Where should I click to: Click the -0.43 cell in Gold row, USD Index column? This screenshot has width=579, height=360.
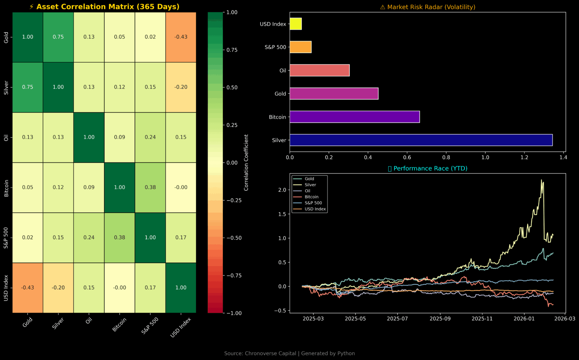[x=181, y=37]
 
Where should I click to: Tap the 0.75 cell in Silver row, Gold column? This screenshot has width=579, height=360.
[x=28, y=87]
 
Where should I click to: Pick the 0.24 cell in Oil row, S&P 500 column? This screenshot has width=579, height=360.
[x=150, y=137]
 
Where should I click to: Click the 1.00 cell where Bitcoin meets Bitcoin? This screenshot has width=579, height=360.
[x=119, y=187]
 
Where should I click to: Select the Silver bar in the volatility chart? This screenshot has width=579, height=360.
[x=421, y=140]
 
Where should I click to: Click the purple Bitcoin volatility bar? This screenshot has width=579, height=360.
[x=354, y=117]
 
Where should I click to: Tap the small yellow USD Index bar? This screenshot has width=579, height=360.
[x=296, y=24]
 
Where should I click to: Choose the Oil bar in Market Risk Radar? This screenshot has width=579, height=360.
[x=319, y=70]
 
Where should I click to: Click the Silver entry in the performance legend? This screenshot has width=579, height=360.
[x=310, y=185]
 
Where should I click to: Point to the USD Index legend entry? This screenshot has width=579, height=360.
[x=315, y=209]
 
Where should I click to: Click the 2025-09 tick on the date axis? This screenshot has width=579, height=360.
[x=440, y=319]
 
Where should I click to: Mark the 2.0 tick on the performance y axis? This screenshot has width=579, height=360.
[x=282, y=190]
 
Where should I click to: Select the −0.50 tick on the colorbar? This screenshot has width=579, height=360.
[x=234, y=238]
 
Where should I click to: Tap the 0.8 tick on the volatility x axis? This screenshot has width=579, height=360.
[x=446, y=157]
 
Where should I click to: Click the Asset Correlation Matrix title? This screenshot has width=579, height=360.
[x=104, y=7]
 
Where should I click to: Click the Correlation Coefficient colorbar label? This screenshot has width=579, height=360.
[x=246, y=162]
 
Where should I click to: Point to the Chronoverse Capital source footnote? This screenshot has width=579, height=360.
[x=289, y=353]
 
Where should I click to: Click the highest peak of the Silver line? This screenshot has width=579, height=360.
[x=542, y=180]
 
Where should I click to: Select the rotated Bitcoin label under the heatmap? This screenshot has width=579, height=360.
[x=119, y=325]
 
